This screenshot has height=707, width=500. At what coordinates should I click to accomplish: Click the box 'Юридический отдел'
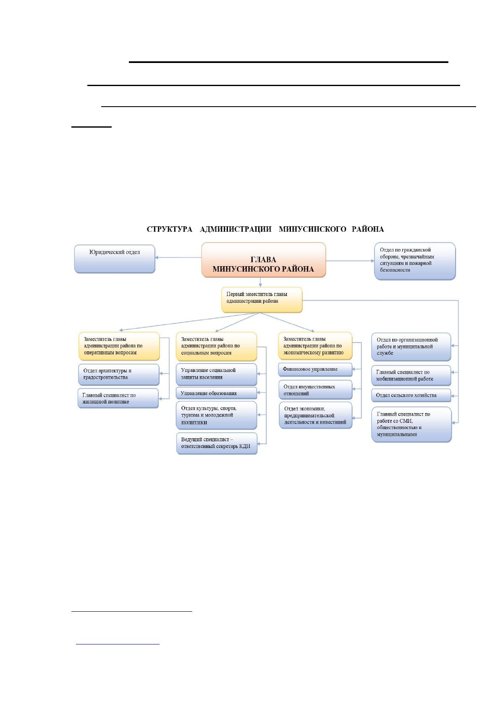(115, 259)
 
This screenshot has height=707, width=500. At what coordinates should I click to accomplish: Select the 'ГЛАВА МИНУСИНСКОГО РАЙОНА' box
(264, 260)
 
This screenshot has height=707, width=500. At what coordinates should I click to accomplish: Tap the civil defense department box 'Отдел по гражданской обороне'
(415, 261)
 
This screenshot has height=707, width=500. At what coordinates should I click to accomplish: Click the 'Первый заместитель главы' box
(262, 300)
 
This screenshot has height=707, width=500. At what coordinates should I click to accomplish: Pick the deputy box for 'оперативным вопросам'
(119, 346)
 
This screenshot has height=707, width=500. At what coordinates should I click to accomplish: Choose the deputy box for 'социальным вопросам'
(216, 346)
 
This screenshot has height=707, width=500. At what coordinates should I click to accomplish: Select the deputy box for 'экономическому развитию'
(315, 346)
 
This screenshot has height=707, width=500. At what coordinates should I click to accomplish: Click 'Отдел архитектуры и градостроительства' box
(119, 374)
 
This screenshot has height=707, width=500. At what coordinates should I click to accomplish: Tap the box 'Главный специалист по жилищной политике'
(118, 398)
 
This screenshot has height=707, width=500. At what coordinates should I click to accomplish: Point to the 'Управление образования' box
(216, 393)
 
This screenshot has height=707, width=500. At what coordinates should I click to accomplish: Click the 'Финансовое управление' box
(315, 369)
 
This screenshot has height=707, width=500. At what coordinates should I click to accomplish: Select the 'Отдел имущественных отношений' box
(315, 390)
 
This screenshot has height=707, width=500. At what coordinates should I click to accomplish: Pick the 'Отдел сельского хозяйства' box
(411, 395)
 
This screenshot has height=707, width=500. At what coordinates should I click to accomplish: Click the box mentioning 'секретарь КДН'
(217, 443)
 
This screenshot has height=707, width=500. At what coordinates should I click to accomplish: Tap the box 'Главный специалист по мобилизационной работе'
(411, 376)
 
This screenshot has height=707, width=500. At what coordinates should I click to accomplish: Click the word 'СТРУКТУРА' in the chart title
(170, 229)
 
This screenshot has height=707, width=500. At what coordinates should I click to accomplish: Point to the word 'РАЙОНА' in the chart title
(368, 229)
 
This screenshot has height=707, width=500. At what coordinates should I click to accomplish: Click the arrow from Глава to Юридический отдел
(178, 257)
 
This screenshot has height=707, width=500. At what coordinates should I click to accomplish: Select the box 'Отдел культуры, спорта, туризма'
(217, 415)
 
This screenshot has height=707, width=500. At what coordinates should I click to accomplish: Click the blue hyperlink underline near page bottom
(118, 644)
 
